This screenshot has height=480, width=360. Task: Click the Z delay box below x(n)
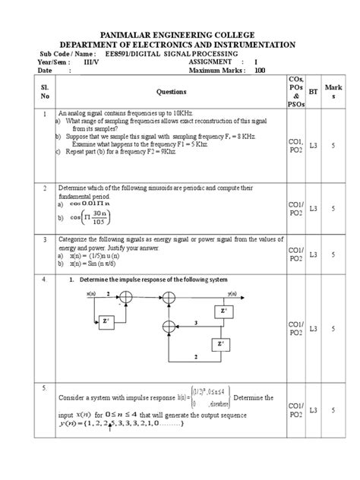point(105,321)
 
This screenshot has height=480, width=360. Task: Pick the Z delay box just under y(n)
point(223,311)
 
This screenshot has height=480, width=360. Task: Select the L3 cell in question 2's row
point(313,208)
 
